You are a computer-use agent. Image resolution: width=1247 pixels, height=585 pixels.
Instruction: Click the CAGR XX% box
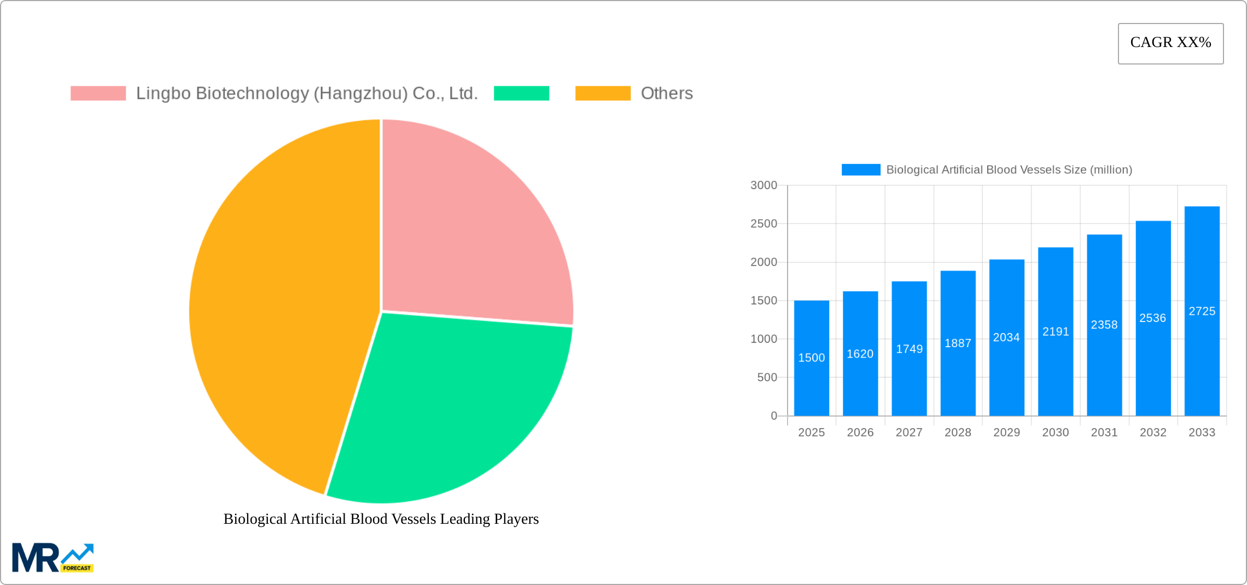[1170, 43]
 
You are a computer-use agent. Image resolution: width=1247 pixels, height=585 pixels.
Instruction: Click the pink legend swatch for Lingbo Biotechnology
[98, 93]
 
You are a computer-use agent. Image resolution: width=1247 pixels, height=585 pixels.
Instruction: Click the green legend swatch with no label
[521, 93]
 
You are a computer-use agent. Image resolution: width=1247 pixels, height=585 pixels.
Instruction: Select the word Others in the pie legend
[666, 93]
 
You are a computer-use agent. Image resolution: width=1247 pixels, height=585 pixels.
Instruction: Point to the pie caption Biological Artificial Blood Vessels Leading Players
[381, 519]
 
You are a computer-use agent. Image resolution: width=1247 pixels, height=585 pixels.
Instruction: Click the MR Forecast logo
[53, 558]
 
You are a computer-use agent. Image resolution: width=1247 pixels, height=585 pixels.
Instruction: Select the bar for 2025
[811, 383]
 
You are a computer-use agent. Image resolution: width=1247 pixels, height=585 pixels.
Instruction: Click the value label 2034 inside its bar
[1006, 337]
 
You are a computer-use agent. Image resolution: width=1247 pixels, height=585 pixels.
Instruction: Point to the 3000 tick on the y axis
[764, 185]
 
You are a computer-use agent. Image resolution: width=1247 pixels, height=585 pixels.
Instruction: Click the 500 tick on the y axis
[767, 377]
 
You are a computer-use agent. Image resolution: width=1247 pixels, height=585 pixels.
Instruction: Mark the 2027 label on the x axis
[909, 432]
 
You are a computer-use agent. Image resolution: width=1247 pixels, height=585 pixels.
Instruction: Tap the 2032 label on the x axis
[1153, 432]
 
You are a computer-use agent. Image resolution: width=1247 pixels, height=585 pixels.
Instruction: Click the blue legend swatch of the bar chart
[860, 170]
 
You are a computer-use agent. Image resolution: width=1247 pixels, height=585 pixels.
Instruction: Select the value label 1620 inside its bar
[860, 354]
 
